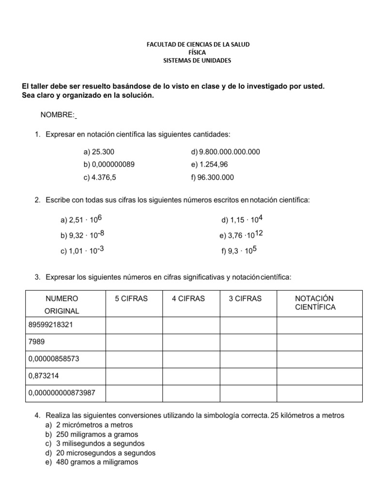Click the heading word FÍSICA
(198, 52)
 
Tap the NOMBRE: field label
(57, 114)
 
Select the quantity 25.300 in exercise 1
(99, 152)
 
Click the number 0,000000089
(108, 164)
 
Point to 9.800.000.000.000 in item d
(225, 152)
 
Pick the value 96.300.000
(212, 177)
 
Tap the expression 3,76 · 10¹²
(241, 235)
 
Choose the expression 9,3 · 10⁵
(239, 251)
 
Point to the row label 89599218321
(50, 325)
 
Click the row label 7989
(37, 342)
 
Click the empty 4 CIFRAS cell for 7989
(191, 342)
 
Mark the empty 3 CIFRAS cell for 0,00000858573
(248, 359)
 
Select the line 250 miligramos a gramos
(97, 434)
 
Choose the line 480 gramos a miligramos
(97, 462)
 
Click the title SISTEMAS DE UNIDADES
(197, 61)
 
